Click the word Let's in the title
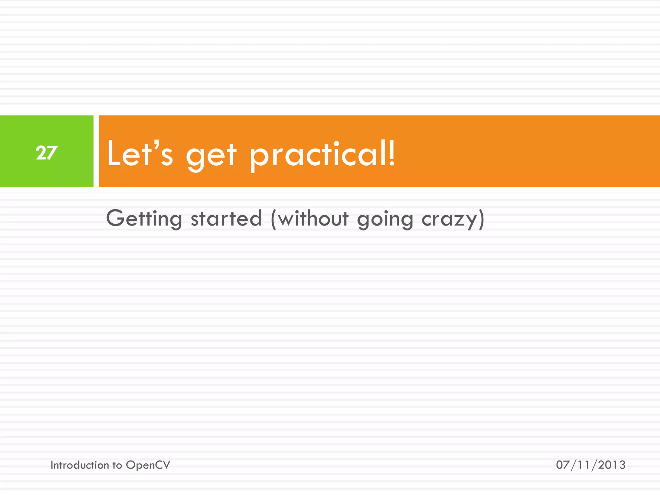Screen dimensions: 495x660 140,154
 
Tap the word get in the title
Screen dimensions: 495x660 211,156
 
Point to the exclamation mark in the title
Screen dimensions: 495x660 391,153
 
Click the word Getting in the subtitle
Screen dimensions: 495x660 144,219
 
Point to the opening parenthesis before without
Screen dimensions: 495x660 274,219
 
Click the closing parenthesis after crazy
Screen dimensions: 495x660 481,219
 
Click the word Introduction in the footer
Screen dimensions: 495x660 80,465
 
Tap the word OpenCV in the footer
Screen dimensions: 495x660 148,465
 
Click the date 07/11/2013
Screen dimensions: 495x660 590,465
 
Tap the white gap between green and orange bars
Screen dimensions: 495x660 96,151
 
